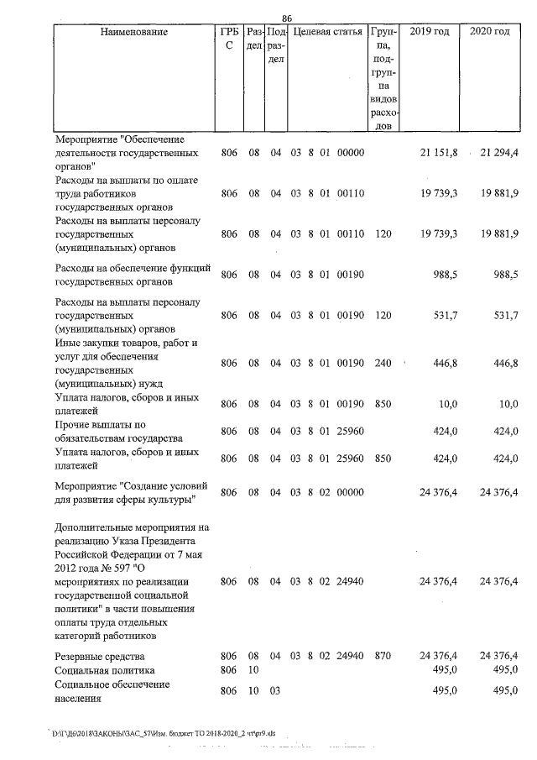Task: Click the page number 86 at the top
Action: click(286, 18)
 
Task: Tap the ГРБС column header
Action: click(229, 39)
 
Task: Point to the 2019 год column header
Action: click(429, 32)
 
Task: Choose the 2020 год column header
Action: click(490, 32)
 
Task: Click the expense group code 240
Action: click(383, 363)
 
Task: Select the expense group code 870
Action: click(383, 655)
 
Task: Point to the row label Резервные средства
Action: click(99, 655)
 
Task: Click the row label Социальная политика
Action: click(104, 670)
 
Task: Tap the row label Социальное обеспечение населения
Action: click(112, 691)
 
